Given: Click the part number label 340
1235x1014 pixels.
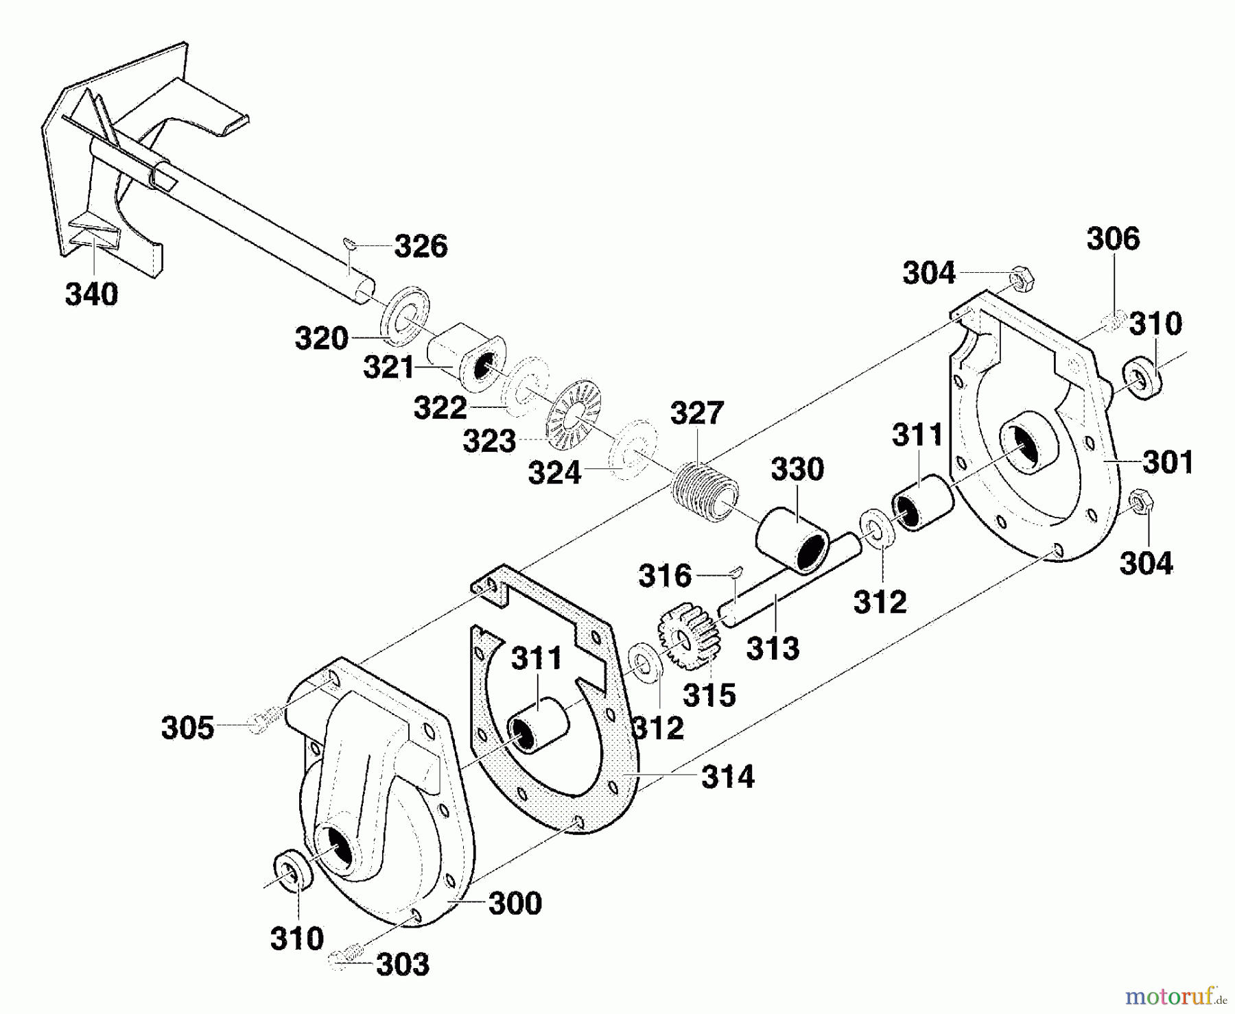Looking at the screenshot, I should coord(91,295).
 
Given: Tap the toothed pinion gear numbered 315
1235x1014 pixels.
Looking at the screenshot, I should coord(689,637).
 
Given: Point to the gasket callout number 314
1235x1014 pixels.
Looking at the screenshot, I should coord(727,777).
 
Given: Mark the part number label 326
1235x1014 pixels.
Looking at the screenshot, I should coord(421,246).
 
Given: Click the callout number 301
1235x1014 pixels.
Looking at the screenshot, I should coord(1167,462).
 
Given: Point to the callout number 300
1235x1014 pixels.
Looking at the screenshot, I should coord(515,903).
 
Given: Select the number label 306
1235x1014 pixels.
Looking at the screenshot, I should coord(1113,239).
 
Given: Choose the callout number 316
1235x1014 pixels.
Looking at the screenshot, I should coord(664,576).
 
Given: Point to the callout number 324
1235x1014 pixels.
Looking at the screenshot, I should coord(554,472).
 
